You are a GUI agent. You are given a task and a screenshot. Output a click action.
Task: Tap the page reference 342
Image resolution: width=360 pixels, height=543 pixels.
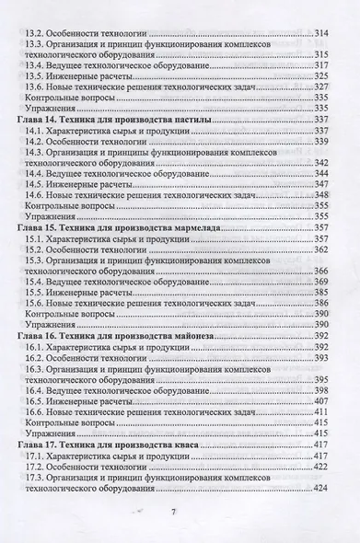click(x=322, y=162)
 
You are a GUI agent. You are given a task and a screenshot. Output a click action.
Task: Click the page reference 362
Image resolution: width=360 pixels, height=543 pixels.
click(x=322, y=248)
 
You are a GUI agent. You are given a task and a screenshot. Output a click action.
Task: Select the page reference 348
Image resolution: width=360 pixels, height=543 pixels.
click(x=322, y=195)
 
